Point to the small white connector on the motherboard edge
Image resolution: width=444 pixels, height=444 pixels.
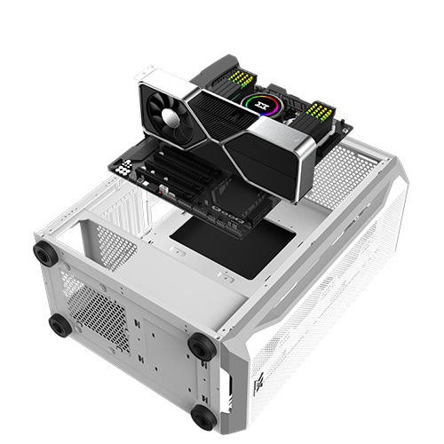(x=162, y=189)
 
